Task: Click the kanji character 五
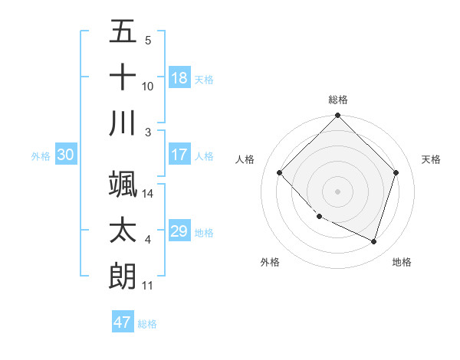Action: [x=123, y=32]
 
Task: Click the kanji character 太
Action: [x=123, y=231]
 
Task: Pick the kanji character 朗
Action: [x=123, y=276]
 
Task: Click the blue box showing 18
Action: [x=179, y=78]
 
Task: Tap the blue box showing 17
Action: [x=179, y=155]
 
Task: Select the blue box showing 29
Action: [x=179, y=231]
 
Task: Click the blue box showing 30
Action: [x=65, y=155]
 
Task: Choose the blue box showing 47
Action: [x=123, y=322]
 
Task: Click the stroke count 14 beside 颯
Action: [x=148, y=194]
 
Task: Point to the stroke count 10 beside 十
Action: [x=148, y=86]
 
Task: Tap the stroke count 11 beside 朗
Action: [x=148, y=286]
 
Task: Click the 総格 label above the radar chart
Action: [x=338, y=100]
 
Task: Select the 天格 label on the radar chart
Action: [x=431, y=159]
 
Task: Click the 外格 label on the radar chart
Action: [x=270, y=262]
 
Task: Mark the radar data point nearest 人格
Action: [x=280, y=172]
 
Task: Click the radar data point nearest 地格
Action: [x=373, y=242]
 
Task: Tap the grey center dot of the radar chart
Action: [x=337, y=191]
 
